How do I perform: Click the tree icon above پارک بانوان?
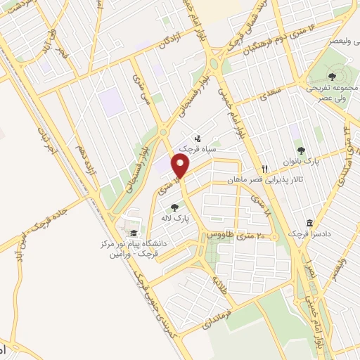click(302, 150)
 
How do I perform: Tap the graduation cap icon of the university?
click(133, 233)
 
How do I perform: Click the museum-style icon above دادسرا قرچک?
click(310, 223)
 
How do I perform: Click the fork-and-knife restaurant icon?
click(265, 169)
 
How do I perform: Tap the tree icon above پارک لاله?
click(174, 207)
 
